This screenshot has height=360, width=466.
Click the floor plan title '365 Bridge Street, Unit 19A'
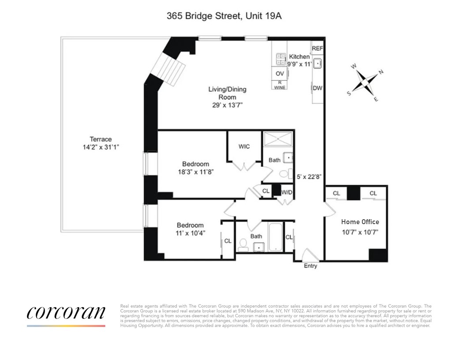(224, 16)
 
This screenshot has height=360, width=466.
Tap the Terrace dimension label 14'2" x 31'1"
(99, 148)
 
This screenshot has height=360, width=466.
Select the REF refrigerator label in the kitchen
(317, 48)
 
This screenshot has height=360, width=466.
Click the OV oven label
(280, 74)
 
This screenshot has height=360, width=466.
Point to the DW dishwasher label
(317, 88)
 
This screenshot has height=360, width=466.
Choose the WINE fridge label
(280, 87)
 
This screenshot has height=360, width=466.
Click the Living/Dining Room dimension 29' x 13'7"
(227, 105)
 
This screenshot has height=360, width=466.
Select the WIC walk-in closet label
(244, 146)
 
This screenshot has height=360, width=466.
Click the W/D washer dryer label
(287, 192)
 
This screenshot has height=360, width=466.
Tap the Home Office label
(360, 222)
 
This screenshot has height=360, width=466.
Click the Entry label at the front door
(310, 266)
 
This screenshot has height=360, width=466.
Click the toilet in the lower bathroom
(243, 244)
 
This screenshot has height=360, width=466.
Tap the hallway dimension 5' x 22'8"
(309, 176)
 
